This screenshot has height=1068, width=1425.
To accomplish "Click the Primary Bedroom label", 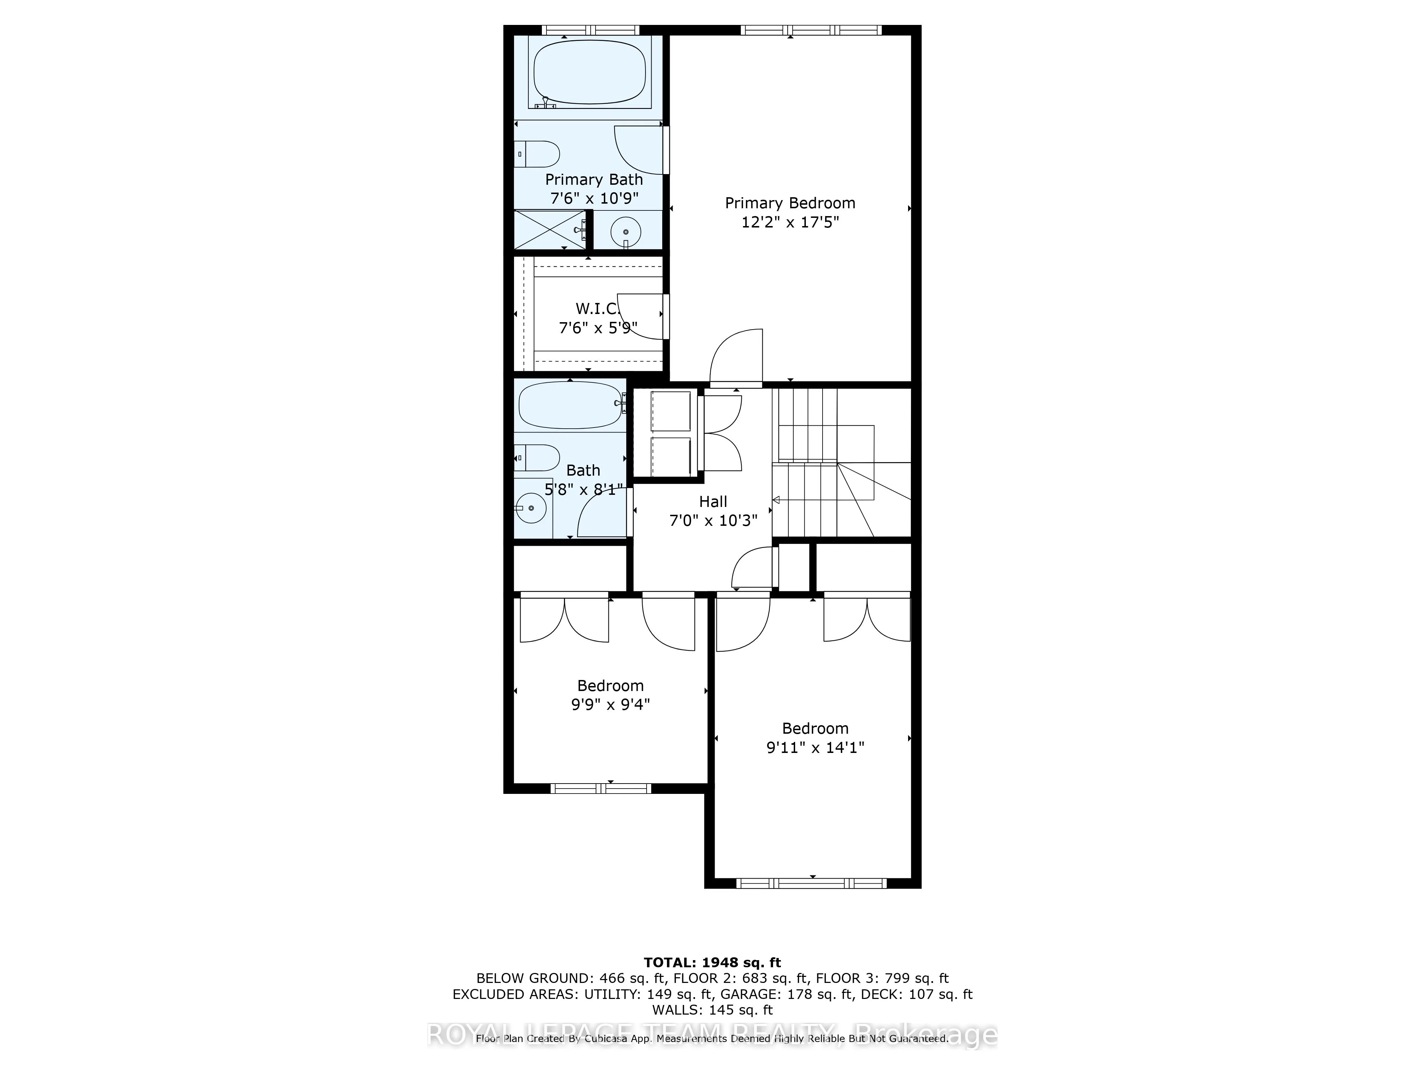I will pyautogui.click(x=790, y=203).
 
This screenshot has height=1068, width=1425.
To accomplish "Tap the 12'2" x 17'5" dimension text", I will pyautogui.click(x=790, y=223).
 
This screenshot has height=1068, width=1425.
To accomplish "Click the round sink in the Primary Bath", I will pyautogui.click(x=625, y=231).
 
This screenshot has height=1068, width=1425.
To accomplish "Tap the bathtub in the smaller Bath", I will pyautogui.click(x=570, y=405).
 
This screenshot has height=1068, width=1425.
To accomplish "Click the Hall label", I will pyautogui.click(x=713, y=502).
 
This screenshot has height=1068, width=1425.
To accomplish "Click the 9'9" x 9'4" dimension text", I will pyautogui.click(x=610, y=704).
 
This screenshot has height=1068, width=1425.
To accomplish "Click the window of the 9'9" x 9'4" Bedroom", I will pyautogui.click(x=600, y=788).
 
